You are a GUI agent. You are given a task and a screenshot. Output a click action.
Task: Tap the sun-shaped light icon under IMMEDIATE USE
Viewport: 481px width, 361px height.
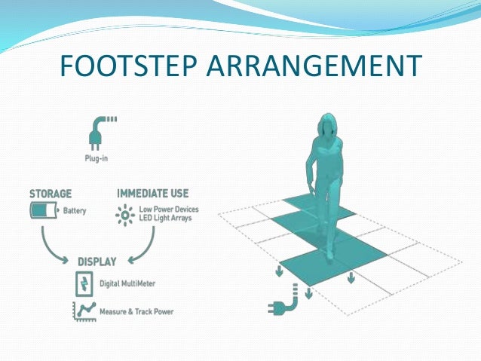tap(124, 213)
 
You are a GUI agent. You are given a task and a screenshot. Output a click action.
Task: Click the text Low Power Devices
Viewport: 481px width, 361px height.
tap(167, 209)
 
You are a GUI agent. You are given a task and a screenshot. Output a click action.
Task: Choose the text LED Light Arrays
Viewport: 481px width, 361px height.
tap(164, 218)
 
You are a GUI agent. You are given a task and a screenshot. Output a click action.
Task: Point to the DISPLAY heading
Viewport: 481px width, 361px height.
tap(97, 262)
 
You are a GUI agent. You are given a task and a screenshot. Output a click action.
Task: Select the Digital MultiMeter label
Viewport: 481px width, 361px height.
tap(130, 285)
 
